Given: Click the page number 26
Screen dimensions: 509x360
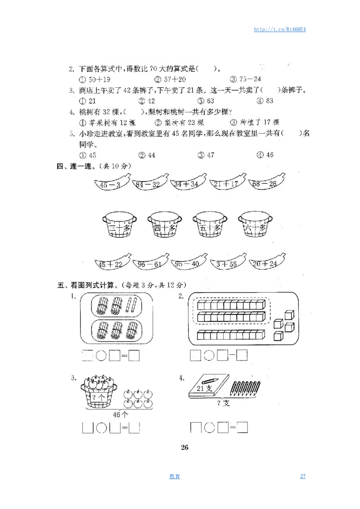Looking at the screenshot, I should click(x=184, y=447).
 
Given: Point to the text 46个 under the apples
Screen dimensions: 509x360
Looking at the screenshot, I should click(x=120, y=414).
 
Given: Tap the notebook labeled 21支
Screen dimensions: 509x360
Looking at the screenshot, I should click(x=209, y=387).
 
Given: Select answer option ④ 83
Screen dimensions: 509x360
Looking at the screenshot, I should click(x=265, y=101).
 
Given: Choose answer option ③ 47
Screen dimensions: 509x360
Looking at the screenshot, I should click(x=206, y=155).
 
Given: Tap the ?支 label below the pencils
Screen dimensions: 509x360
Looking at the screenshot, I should click(x=223, y=403).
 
